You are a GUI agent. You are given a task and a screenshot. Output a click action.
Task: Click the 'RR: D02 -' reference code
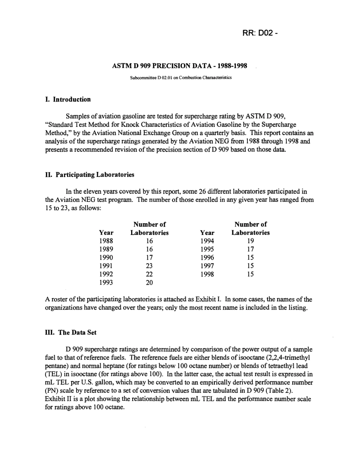[x=260, y=33]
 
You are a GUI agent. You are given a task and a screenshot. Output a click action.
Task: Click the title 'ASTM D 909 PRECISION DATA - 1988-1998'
[x=180, y=66]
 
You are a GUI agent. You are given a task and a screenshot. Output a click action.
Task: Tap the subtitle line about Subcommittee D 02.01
[x=181, y=78]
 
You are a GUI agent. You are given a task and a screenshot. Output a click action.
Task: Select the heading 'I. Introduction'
[x=68, y=100]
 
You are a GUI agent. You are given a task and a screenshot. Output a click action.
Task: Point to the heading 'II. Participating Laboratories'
[x=89, y=175]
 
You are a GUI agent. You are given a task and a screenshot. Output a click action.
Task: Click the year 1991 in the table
[x=106, y=266]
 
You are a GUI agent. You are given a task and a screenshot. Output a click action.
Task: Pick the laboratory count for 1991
[x=149, y=266]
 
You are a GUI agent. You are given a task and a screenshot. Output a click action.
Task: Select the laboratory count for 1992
[x=149, y=274]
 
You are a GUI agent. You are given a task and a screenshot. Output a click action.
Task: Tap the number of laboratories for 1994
[x=250, y=241]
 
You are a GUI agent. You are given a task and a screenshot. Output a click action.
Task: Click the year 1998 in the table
[x=207, y=274]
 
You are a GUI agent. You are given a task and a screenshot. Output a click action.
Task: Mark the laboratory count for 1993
[x=149, y=282]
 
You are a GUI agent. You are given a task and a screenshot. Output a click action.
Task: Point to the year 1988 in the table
[x=106, y=241]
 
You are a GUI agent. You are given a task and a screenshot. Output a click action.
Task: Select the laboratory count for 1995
[x=250, y=249]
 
